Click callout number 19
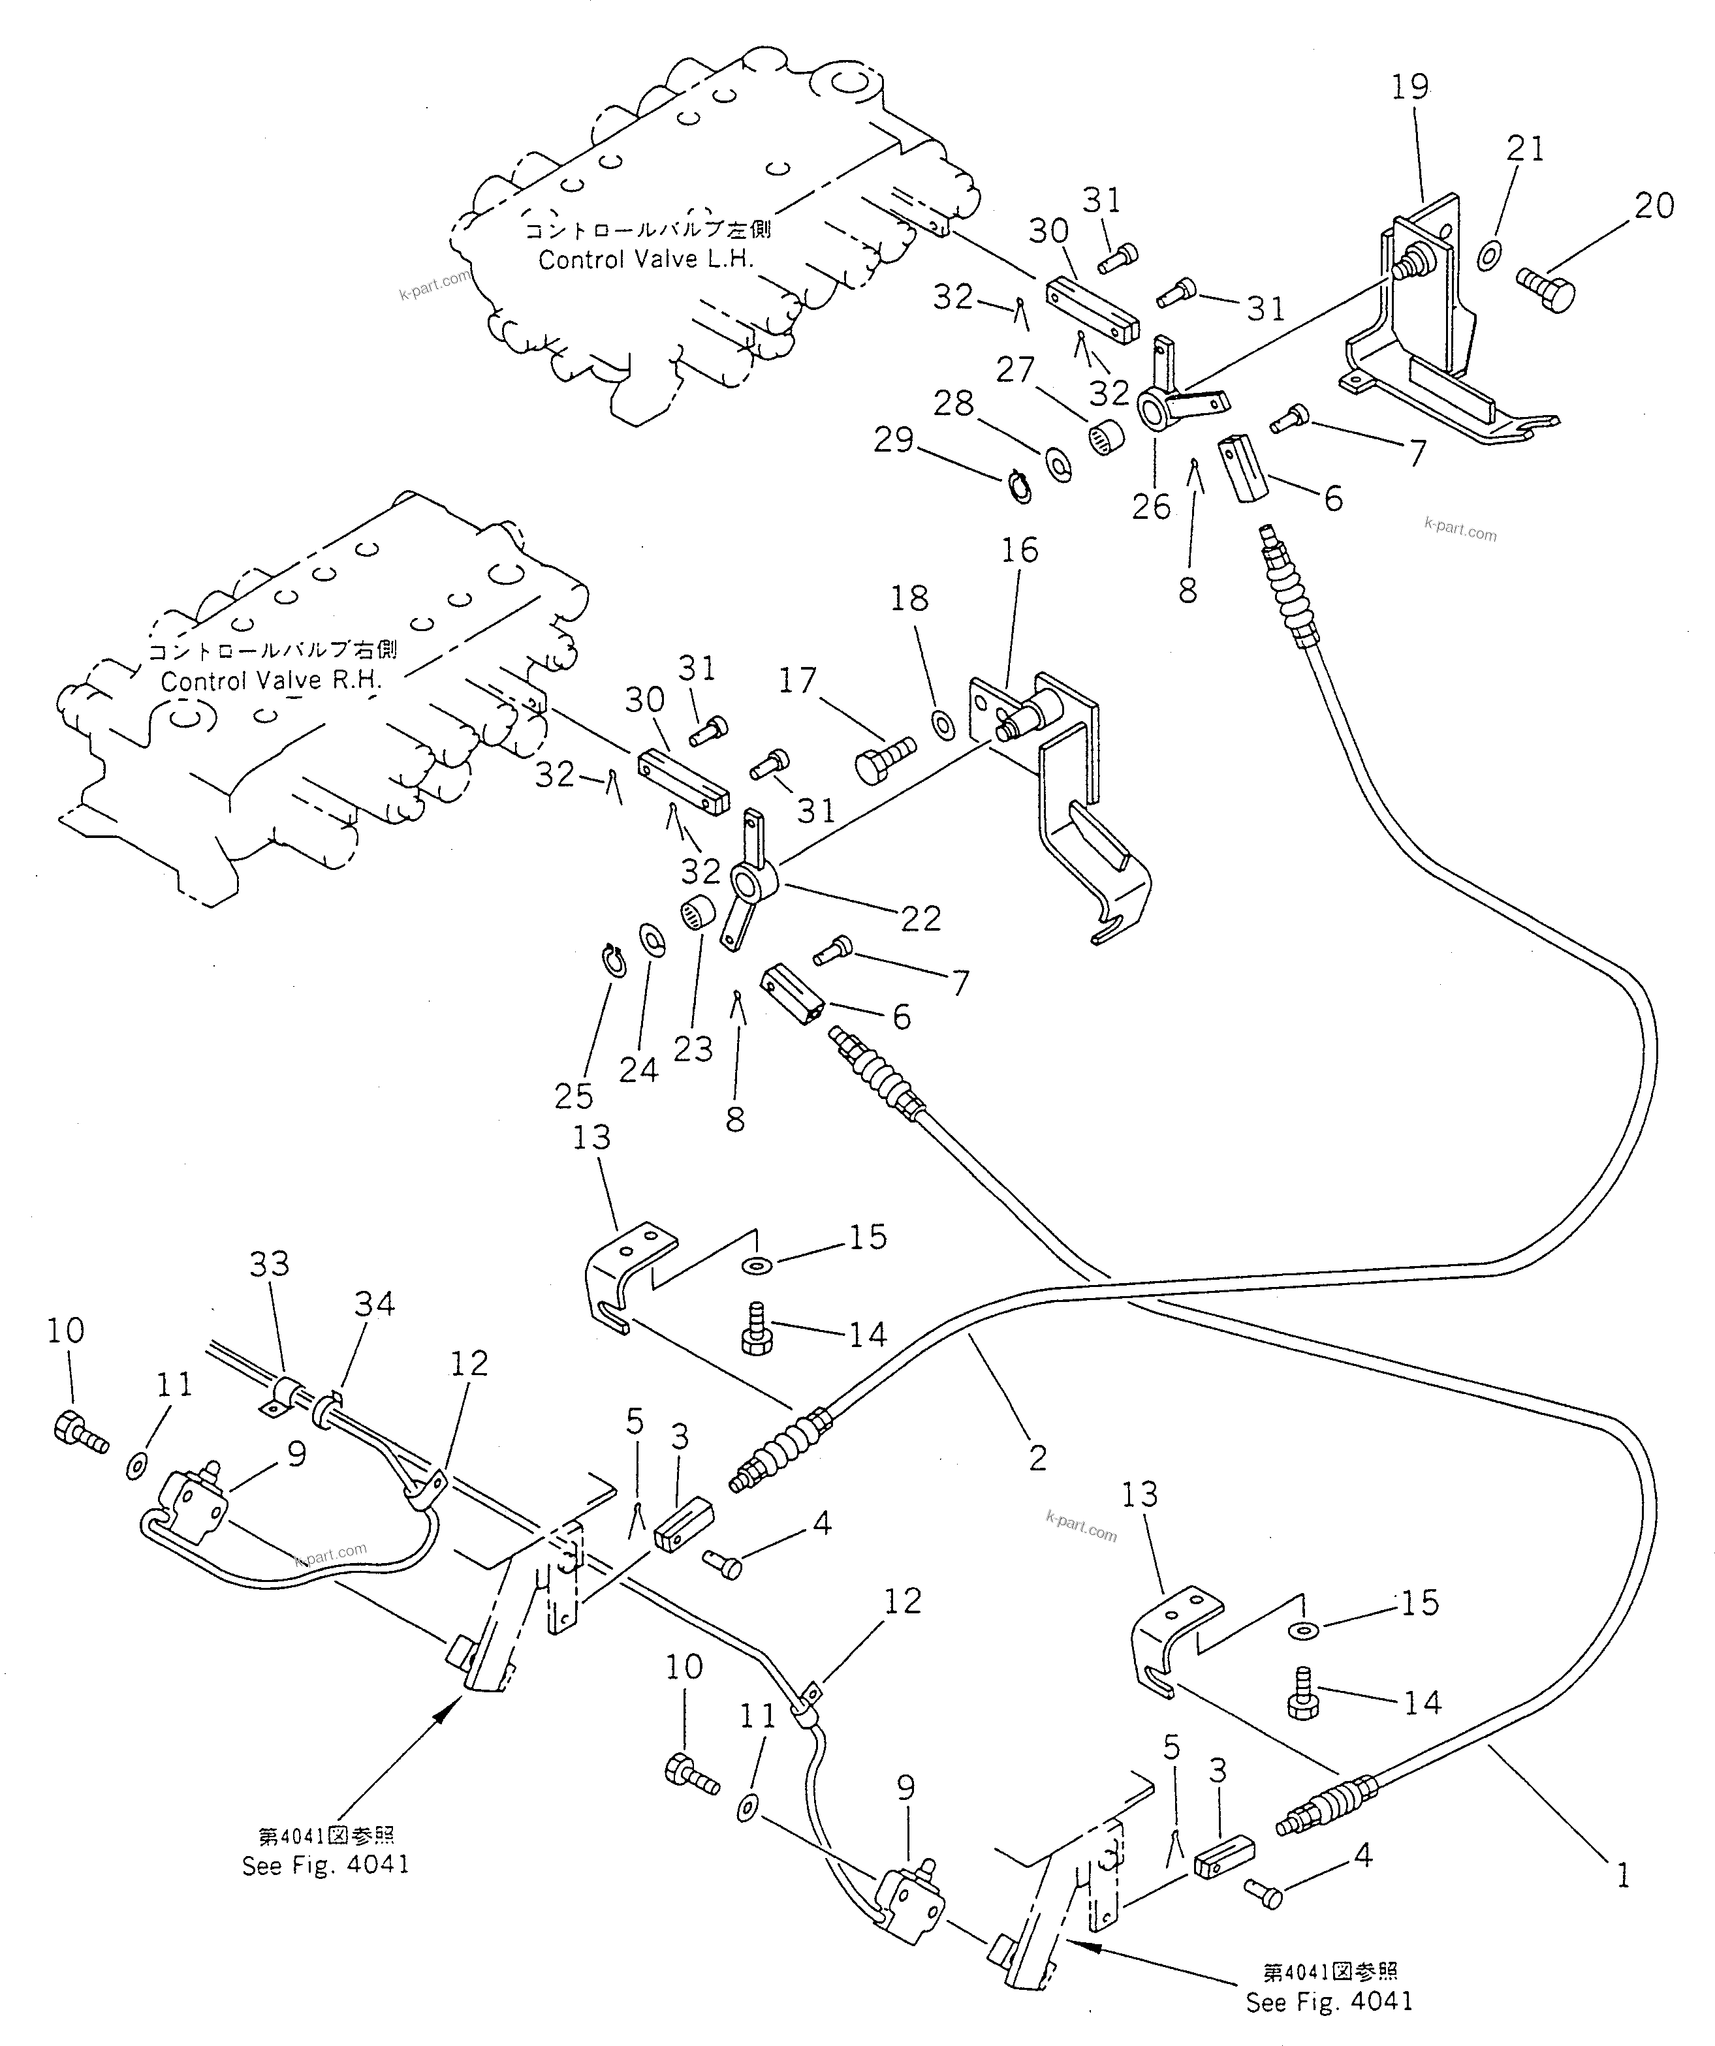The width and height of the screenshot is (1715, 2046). click(1410, 87)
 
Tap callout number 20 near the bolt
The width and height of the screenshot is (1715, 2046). click(1654, 206)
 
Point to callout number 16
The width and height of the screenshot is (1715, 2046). click(1019, 550)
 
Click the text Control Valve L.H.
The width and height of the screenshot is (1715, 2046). click(646, 260)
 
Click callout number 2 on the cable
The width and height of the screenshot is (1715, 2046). click(1038, 1457)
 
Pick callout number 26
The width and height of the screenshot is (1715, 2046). click(1151, 506)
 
